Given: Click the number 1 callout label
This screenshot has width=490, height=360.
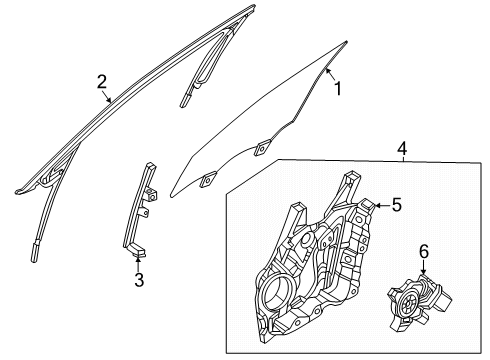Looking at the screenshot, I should (x=337, y=90).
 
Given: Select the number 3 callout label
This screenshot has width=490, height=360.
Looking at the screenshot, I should (x=139, y=281).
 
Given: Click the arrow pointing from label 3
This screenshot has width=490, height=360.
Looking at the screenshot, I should (x=137, y=262).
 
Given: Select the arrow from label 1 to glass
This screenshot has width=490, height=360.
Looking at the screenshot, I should (x=328, y=76).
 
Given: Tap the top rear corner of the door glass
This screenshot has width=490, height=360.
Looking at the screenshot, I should (x=346, y=42).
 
